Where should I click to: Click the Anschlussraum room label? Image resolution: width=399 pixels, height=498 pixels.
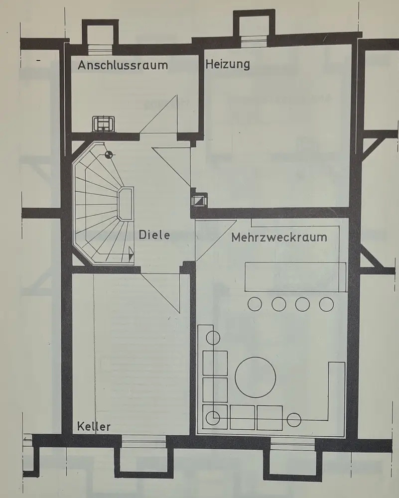[x=123, y=65]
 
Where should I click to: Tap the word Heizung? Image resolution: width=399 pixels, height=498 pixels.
[x=228, y=64]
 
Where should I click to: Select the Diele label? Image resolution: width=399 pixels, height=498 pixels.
[x=154, y=234]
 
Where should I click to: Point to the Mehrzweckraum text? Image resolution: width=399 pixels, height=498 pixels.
[x=279, y=237]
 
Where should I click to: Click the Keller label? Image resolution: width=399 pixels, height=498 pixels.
[x=94, y=426]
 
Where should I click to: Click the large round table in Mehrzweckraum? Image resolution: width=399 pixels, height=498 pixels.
[x=256, y=377]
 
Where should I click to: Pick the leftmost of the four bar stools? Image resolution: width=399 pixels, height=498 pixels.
[x=255, y=303]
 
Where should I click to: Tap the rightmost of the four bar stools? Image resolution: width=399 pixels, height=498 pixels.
[x=326, y=303]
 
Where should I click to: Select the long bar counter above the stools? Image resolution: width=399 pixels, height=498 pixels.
[x=296, y=276]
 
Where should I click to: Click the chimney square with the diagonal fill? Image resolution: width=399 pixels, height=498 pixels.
[x=198, y=199]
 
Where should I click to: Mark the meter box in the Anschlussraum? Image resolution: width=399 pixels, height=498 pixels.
[x=103, y=123]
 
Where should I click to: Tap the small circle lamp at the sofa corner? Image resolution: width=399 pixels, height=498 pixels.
[x=213, y=417]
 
